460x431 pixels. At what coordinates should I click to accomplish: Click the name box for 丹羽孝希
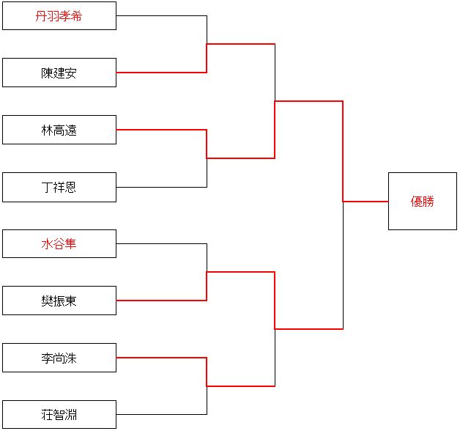tap(59, 16)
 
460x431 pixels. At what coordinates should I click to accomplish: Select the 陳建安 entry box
tap(59, 73)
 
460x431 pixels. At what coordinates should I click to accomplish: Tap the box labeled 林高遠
tap(59, 130)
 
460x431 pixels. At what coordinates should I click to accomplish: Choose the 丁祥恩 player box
tap(59, 188)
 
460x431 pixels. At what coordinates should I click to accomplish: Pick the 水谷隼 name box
tap(59, 243)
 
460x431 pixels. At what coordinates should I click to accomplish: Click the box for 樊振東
tap(59, 301)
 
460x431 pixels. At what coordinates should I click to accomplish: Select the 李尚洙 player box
tap(59, 358)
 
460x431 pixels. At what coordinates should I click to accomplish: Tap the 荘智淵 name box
tap(59, 415)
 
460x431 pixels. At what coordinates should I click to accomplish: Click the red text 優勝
tap(422, 202)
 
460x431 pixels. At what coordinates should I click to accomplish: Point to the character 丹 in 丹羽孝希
tap(41, 16)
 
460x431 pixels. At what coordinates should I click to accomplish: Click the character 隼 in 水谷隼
tap(70, 244)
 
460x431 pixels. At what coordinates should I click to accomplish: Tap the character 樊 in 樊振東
tap(47, 301)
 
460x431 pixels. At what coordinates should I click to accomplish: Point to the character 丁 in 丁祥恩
tap(47, 188)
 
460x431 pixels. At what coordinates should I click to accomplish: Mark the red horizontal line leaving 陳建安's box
tap(161, 73)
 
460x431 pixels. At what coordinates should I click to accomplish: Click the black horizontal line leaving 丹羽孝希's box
tap(161, 15)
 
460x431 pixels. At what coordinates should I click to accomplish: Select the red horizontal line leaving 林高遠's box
tap(161, 130)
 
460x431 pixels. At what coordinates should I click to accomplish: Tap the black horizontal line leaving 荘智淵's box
tap(161, 414)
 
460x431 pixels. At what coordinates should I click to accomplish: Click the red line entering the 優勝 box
tap(366, 202)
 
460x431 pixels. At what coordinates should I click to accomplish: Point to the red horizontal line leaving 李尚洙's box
tap(161, 358)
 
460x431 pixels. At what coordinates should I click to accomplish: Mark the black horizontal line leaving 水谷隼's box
tap(161, 243)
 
